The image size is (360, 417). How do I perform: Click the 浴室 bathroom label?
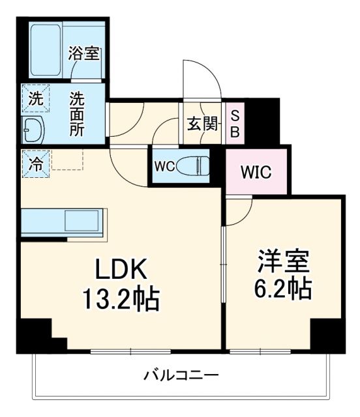point(85,53)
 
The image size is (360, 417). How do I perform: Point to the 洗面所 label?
point(78,115)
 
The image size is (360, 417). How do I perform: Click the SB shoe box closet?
point(235,124)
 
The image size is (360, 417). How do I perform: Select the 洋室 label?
point(282,261)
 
